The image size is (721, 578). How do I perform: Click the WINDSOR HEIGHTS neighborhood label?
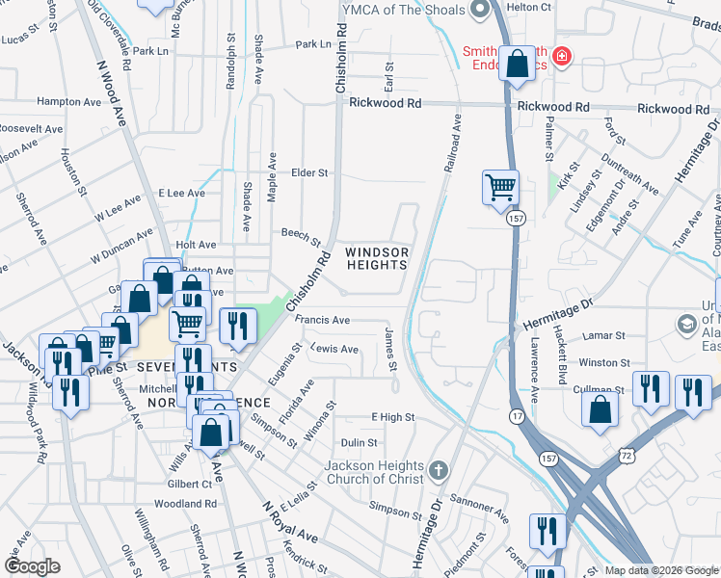pos(377,258)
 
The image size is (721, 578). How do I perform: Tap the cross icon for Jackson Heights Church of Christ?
pos(439,470)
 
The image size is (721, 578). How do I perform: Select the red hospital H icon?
pos(562,60)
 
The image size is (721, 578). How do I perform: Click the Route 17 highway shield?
pos(518,416)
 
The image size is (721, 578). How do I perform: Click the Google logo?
pos(33,566)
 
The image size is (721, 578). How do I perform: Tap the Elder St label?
pos(309,173)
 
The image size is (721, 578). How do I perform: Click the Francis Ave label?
pos(322,320)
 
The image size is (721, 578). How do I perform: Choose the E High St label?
pos(392,417)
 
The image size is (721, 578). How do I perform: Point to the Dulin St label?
pos(359,442)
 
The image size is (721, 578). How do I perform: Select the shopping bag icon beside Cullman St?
pos(600,407)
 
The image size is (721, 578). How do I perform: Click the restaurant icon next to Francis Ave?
pos(237,326)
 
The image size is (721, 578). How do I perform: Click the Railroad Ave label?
pos(453,145)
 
